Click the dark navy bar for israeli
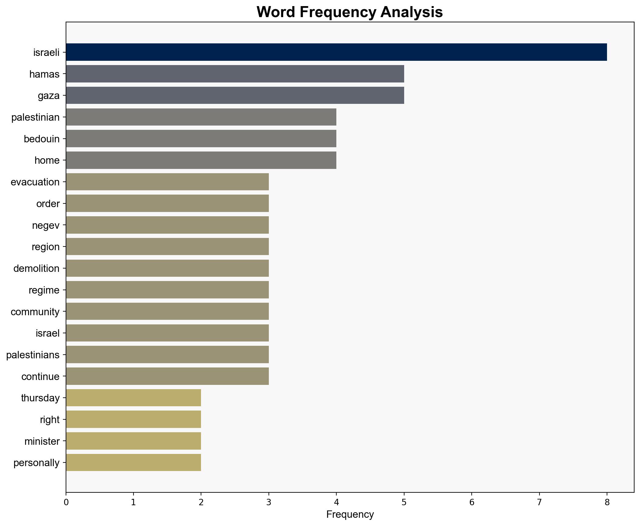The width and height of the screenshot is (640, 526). click(x=336, y=52)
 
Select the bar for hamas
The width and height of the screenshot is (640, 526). click(x=235, y=74)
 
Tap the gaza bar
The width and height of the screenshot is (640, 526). click(x=235, y=96)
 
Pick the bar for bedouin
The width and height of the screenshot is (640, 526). click(x=201, y=139)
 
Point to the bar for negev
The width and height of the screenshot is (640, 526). click(x=167, y=225)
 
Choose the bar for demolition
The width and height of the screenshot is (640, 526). click(x=167, y=268)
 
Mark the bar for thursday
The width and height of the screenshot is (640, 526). click(x=133, y=398)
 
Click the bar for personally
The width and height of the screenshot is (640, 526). click(x=133, y=462)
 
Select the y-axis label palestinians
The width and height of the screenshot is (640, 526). click(x=33, y=355)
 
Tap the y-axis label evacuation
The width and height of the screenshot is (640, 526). click(x=35, y=182)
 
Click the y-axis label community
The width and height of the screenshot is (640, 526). click(x=35, y=312)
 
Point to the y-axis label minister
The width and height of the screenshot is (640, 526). click(x=42, y=441)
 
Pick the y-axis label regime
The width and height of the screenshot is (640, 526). click(x=44, y=290)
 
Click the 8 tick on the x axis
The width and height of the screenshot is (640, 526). click(x=607, y=502)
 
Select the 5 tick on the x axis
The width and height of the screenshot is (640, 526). click(x=404, y=502)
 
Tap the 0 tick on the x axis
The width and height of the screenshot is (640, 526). click(x=66, y=502)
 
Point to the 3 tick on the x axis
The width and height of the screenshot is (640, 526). click(x=269, y=502)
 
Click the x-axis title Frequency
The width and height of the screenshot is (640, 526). click(x=350, y=514)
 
